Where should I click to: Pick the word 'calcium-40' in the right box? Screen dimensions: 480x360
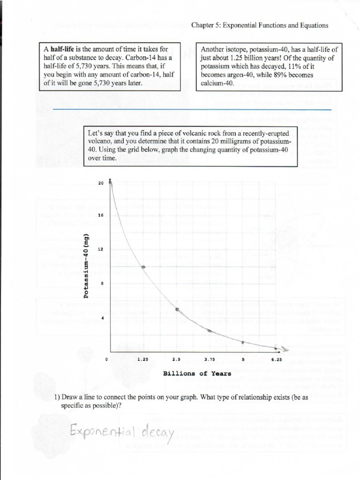click(217, 83)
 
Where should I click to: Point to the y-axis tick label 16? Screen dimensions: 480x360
click(100, 215)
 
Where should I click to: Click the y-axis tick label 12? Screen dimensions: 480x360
click(100, 249)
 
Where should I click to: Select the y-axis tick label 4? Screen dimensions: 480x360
click(101, 318)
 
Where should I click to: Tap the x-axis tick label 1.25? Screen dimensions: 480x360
click(143, 360)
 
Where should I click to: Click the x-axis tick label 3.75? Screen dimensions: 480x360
click(210, 360)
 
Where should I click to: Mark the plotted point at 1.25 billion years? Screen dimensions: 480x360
click(143, 267)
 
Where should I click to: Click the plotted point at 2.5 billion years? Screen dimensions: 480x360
click(177, 309)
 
